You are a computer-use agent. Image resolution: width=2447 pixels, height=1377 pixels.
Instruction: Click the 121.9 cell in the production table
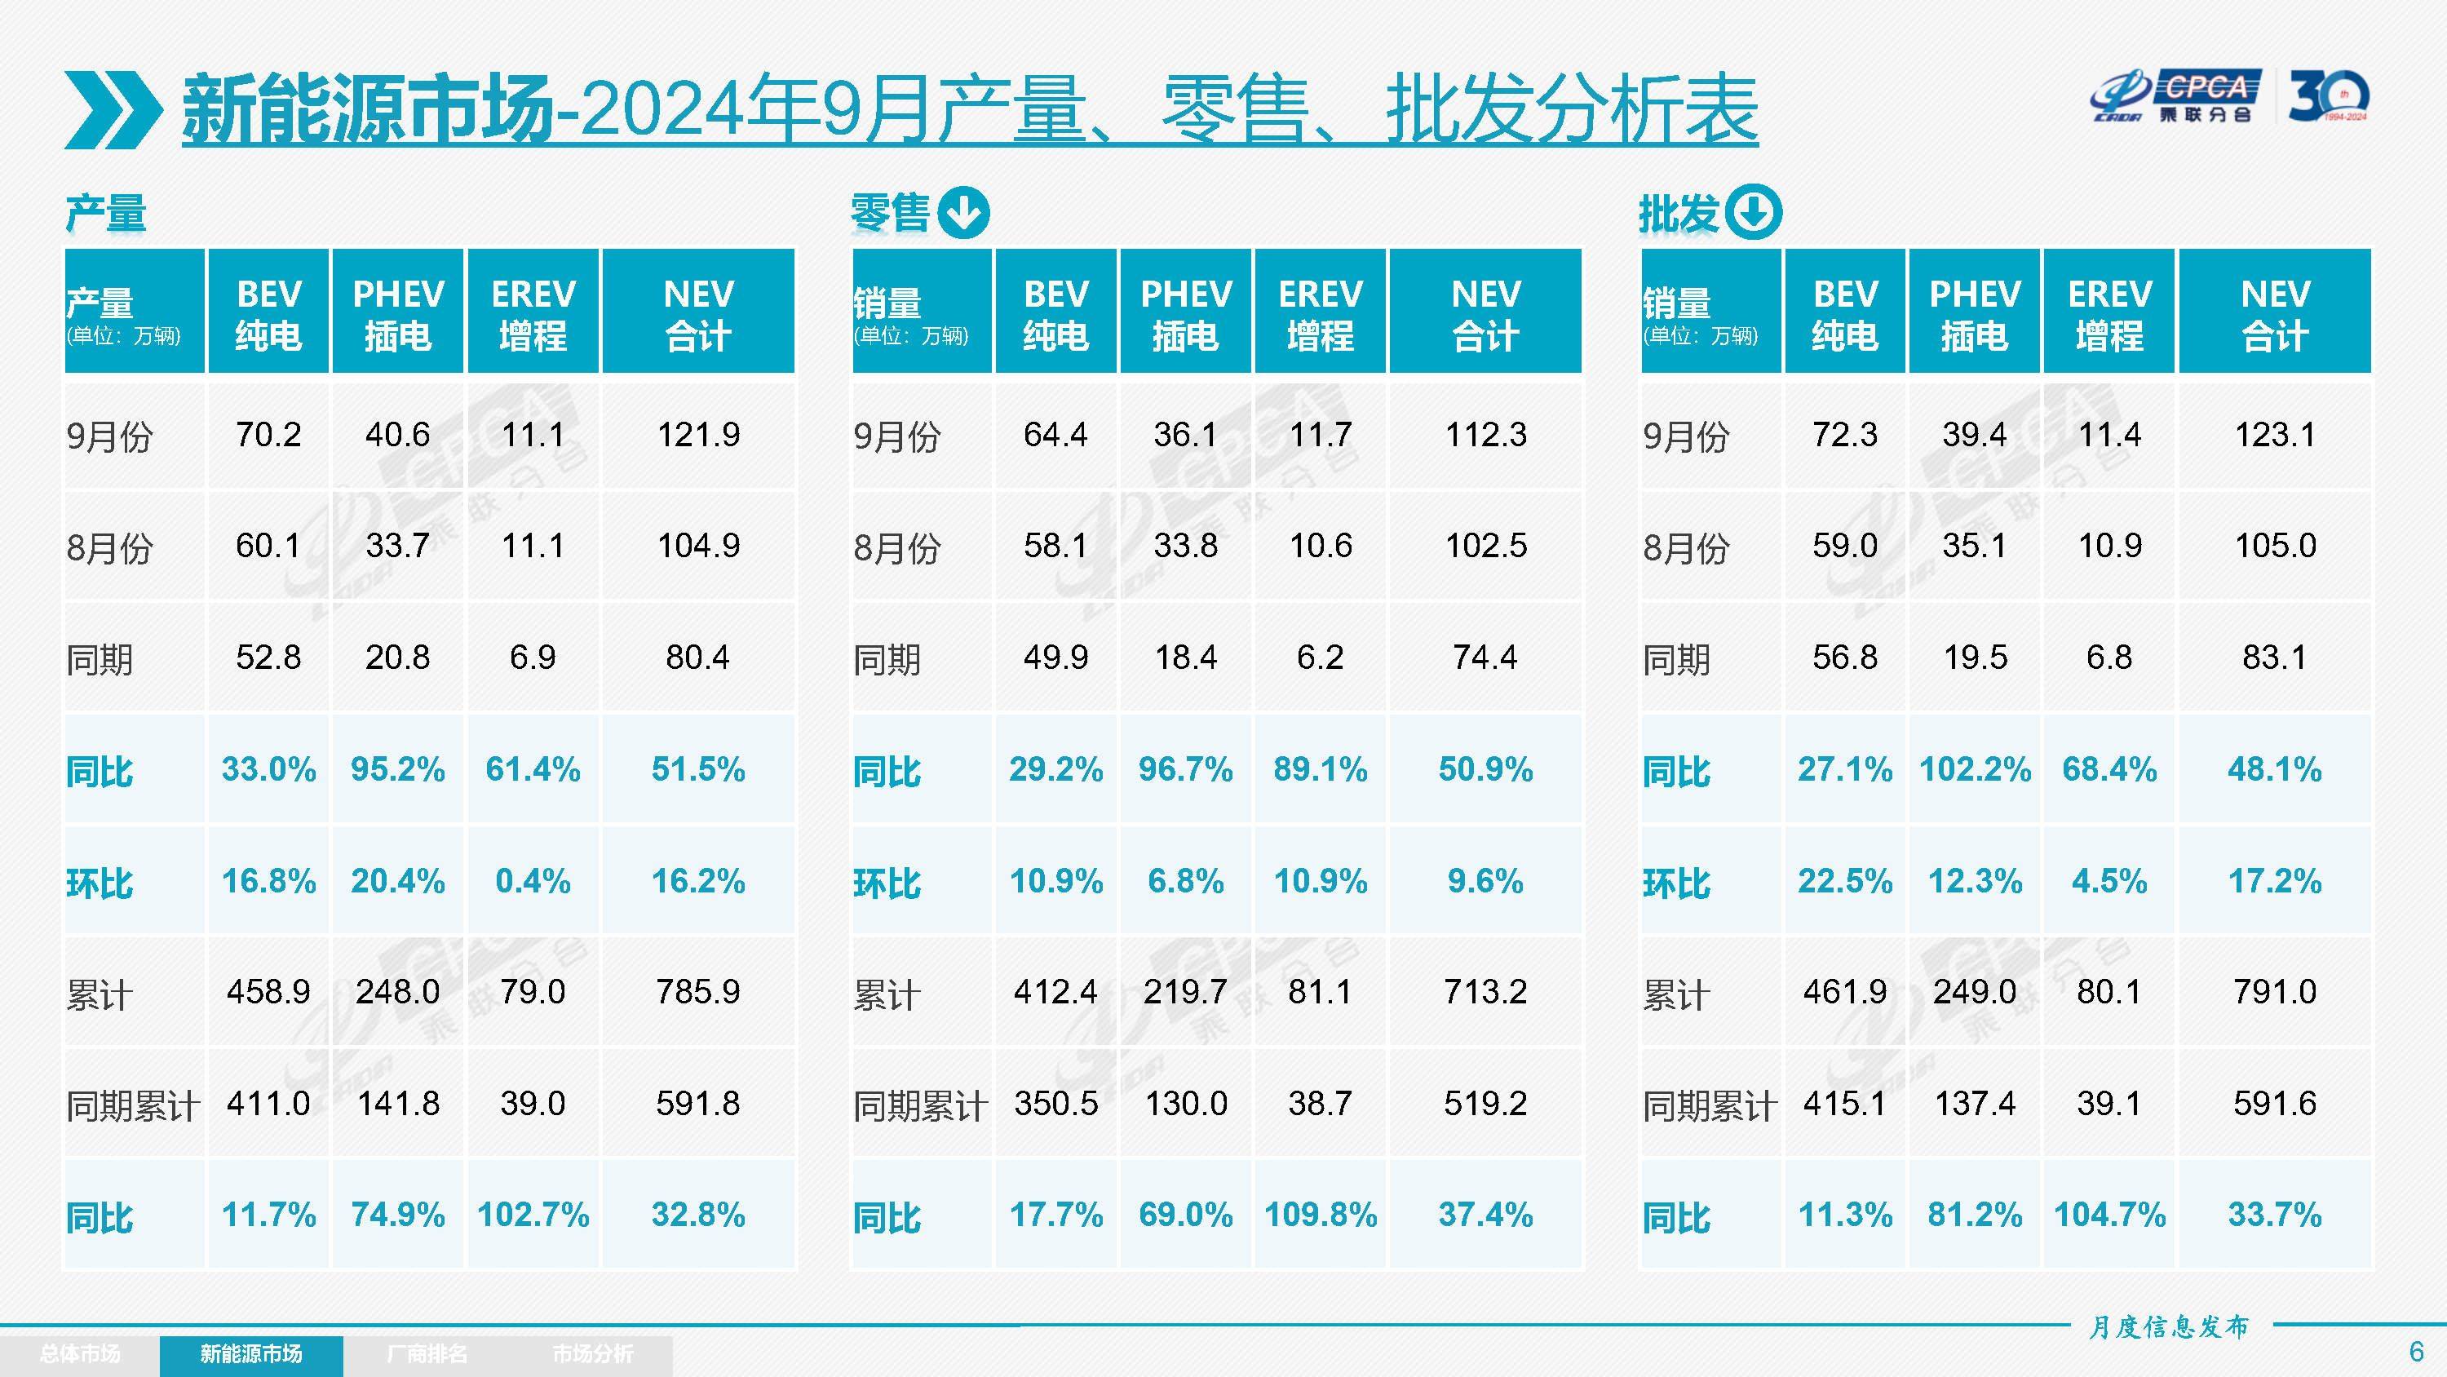(x=698, y=436)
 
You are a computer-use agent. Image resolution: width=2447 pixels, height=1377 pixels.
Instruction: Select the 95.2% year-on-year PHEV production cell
(x=397, y=768)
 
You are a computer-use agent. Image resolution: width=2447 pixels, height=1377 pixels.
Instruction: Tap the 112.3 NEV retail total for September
(x=1485, y=436)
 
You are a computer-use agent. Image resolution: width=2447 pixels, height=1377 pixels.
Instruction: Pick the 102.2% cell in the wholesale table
(x=1975, y=768)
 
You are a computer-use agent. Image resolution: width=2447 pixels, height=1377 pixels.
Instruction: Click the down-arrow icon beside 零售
(x=963, y=213)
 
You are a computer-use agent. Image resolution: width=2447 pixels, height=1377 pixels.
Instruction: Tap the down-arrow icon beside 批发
(x=1753, y=213)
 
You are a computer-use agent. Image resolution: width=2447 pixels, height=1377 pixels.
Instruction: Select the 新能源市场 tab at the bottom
(x=250, y=1353)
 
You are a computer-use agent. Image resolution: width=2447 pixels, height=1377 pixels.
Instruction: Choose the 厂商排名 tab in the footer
(x=427, y=1353)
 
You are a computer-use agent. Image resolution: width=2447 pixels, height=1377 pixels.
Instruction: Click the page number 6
(x=2416, y=1350)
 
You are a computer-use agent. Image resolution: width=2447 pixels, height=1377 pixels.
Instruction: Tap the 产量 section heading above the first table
(x=105, y=213)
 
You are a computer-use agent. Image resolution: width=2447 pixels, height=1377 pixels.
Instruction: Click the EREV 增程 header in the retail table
(x=1321, y=312)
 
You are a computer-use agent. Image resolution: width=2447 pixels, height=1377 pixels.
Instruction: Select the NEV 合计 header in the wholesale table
(x=2274, y=312)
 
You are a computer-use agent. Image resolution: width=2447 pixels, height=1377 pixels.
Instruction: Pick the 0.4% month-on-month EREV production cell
(x=532, y=881)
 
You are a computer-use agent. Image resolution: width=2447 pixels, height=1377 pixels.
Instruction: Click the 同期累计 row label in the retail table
(x=919, y=1105)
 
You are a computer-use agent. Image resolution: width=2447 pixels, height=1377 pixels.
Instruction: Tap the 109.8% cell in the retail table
(x=1321, y=1215)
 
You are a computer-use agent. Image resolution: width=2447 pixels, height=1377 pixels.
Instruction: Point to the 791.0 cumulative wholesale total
(x=2274, y=992)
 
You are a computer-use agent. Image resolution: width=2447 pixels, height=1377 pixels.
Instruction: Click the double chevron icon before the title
(x=112, y=109)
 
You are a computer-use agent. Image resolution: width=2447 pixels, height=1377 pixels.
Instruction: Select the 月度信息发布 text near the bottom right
(x=2168, y=1326)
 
